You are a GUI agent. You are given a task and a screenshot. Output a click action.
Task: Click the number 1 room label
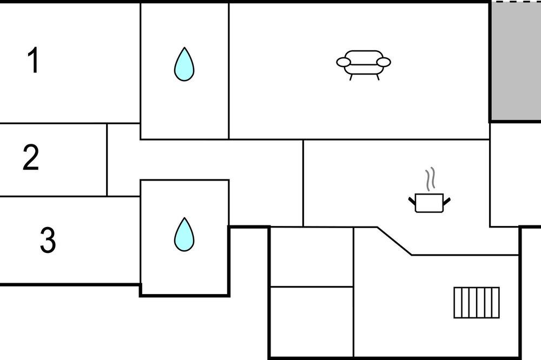(34, 61)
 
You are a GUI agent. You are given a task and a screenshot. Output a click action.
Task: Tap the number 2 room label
(31, 157)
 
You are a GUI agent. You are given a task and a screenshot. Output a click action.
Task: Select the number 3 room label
(48, 240)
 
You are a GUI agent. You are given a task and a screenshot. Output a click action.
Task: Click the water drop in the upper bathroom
(184, 64)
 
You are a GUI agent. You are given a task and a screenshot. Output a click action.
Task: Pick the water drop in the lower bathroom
(184, 234)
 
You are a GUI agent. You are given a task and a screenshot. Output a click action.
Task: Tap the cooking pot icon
(429, 203)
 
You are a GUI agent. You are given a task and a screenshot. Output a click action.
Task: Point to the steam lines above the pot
(430, 179)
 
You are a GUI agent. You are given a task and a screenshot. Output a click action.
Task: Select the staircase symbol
(477, 303)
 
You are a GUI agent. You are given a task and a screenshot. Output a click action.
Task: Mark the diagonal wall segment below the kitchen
(394, 241)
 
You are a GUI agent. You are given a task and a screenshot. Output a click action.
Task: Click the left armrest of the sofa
(344, 62)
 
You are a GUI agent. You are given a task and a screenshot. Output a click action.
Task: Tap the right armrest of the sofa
(384, 62)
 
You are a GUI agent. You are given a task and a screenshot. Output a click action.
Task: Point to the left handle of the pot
(412, 201)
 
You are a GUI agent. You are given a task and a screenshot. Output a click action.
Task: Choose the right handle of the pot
(447, 201)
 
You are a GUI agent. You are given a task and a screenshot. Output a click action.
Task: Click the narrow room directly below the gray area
(516, 175)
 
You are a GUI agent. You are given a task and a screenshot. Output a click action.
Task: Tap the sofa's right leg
(378, 77)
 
